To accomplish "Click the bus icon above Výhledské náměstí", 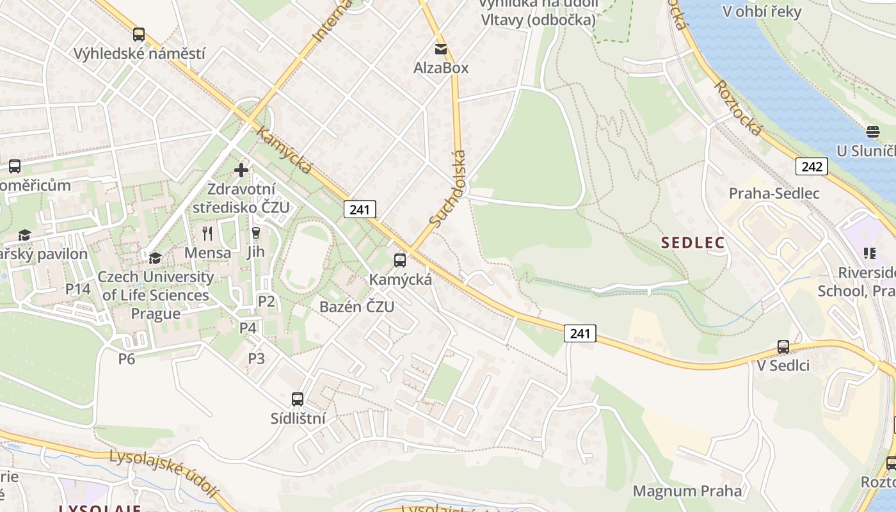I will [x=139, y=35].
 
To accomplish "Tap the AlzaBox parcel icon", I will [x=441, y=49].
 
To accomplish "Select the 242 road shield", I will [x=812, y=167].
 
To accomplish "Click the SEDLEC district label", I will [x=693, y=243].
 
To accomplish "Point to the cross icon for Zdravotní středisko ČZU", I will [x=241, y=170].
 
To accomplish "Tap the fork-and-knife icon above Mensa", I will [x=207, y=233].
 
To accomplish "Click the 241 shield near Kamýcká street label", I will [x=360, y=209].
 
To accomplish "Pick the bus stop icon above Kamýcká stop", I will [x=400, y=260].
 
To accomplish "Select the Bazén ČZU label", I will [x=356, y=307].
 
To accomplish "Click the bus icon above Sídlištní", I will [x=298, y=399].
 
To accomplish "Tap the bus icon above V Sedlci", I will [x=783, y=347].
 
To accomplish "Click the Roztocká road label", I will [x=739, y=108].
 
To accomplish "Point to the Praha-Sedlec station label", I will [x=774, y=193].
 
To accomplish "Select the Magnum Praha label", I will [x=687, y=491].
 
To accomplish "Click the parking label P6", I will [x=127, y=359].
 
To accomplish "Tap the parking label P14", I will [x=78, y=289].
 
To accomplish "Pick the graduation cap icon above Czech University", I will [x=155, y=258].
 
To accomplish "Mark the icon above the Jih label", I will [x=256, y=233].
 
